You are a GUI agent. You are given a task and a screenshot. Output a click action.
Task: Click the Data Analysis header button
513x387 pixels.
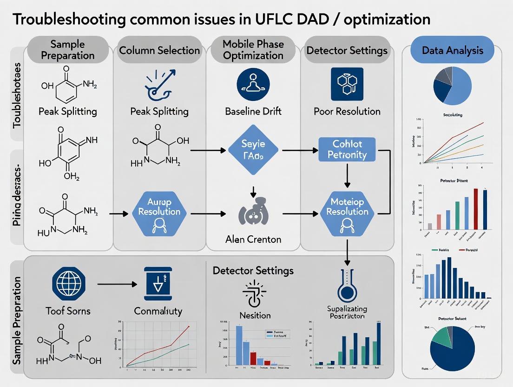pos(452,50)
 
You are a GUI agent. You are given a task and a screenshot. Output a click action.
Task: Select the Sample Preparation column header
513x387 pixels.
pos(68,50)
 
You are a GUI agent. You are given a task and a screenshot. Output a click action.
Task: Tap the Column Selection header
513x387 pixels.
pos(159,50)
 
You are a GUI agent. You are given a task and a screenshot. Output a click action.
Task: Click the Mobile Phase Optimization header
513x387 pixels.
pos(253,50)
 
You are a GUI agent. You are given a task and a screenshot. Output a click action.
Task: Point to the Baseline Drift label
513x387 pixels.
pos(253,112)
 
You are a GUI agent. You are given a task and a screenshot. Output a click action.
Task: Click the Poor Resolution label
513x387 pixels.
pos(347,112)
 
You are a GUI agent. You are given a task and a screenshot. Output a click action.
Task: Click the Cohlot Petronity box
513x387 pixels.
pos(347,149)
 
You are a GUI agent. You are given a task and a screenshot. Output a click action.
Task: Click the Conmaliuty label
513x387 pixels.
pos(158,311)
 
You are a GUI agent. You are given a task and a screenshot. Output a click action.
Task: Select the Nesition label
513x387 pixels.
pos(255,315)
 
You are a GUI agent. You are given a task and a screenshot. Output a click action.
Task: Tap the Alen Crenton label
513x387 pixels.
pos(253,240)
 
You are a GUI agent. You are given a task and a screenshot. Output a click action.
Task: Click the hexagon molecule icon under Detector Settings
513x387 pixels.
pos(347,84)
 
